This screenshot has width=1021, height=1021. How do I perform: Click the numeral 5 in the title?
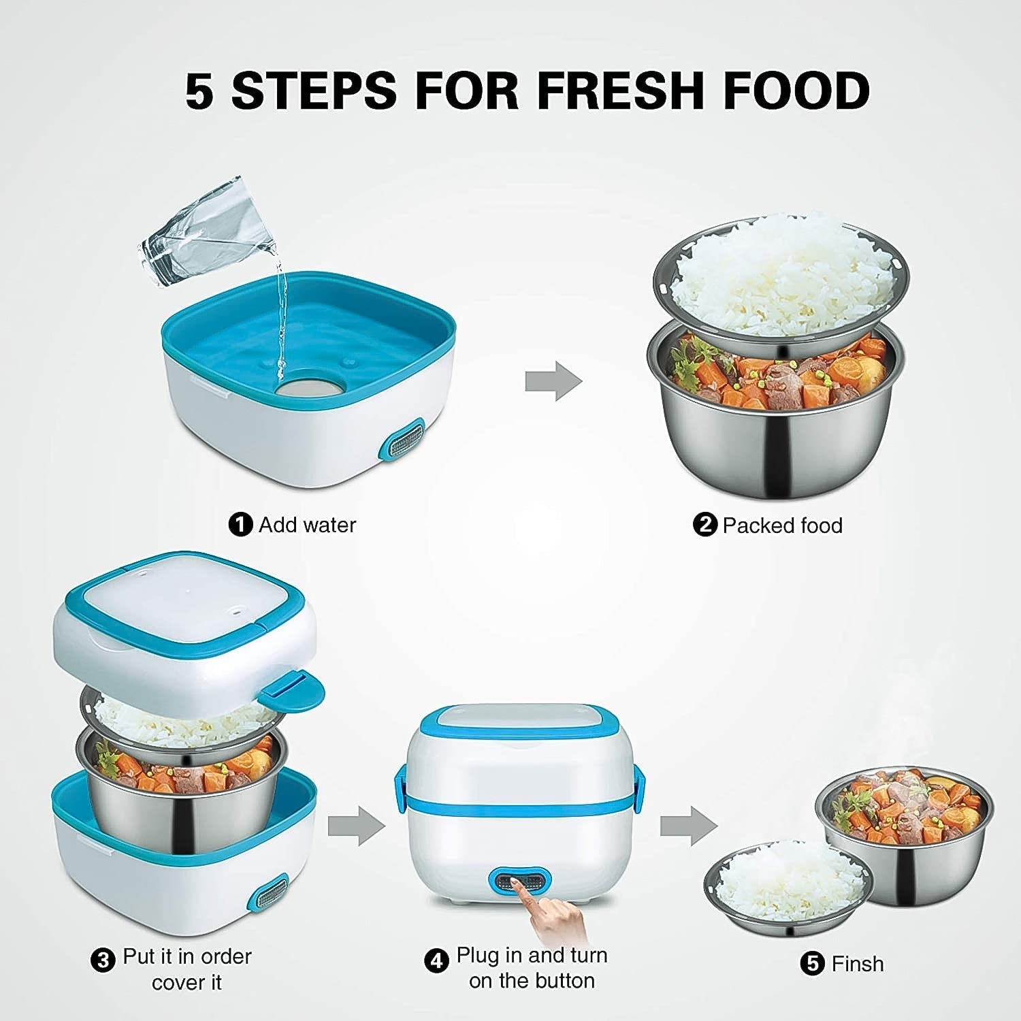[x=199, y=91]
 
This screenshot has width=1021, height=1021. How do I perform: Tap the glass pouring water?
[x=204, y=231]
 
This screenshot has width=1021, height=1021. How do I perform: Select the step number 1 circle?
[x=240, y=525]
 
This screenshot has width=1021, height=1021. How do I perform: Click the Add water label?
[x=307, y=525]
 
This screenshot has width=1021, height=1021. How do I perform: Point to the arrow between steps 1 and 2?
[x=553, y=381]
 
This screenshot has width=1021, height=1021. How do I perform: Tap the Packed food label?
[x=782, y=525]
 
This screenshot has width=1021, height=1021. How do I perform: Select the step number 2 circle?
[x=704, y=525]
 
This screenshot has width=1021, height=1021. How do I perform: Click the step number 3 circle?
[x=103, y=960]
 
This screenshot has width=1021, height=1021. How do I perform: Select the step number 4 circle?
[x=437, y=960]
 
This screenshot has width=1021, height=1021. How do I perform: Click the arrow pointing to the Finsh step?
[x=688, y=826]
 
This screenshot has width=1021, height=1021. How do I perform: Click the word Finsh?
[x=857, y=964]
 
